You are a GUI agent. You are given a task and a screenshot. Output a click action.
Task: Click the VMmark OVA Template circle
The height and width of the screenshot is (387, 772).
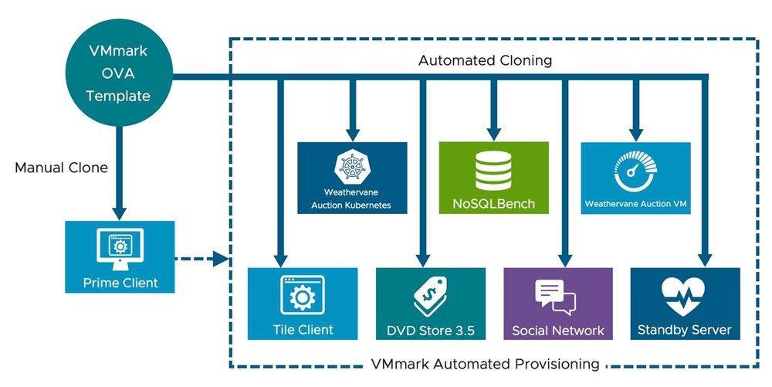tap(117, 75)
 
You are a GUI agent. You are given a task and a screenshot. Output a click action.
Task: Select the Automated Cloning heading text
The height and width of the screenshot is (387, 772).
tap(485, 60)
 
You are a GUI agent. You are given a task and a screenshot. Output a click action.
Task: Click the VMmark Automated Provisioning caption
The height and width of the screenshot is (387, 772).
tap(485, 363)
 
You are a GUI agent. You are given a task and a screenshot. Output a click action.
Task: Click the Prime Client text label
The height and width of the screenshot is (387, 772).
tap(120, 283)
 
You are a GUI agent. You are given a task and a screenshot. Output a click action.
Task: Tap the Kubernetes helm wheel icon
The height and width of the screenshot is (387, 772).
tap(352, 168)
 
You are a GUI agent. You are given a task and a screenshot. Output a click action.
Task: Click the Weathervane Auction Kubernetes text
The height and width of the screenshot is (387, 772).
tap(352, 199)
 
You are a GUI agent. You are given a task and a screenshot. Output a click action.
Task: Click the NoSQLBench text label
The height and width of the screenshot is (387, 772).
tap(493, 204)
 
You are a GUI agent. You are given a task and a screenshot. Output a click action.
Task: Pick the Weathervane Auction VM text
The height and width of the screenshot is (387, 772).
tap(635, 204)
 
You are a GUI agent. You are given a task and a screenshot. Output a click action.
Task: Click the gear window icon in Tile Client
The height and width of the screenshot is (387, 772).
tap(302, 295)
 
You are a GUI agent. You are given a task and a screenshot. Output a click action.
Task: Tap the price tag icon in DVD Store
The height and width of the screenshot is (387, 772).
tap(430, 297)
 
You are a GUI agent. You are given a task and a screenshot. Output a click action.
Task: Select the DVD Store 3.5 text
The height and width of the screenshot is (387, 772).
tap(431, 331)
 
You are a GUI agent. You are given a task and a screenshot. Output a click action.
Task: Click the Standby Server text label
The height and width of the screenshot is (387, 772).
tap(684, 330)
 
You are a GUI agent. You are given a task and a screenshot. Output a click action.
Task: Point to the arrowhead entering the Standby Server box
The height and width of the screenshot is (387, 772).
tap(705, 260)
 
